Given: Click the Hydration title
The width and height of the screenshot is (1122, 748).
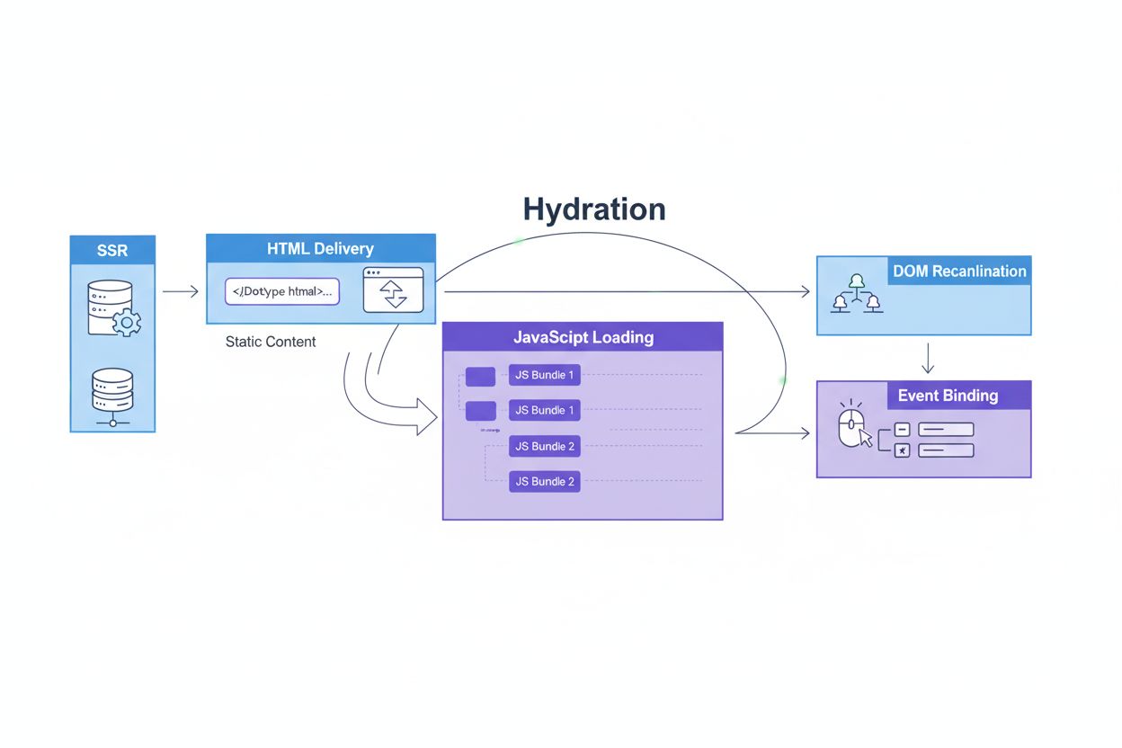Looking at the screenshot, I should coord(594,209).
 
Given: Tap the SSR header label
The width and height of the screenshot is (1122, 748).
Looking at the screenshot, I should coord(112,250).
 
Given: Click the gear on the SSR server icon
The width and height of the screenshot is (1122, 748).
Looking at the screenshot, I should coord(127,321).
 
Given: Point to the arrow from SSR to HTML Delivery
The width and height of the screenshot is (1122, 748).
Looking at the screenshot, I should coord(180,291).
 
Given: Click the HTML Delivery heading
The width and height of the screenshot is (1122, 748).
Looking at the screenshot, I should coord(320,248).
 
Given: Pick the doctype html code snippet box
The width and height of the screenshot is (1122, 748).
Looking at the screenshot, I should coord(281,291).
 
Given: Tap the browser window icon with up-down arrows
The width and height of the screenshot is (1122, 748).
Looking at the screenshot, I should coord(393,289).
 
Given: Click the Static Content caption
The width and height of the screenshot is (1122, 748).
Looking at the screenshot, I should coord(271,342).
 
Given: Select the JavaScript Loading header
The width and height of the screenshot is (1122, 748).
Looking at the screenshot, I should coord(583,337).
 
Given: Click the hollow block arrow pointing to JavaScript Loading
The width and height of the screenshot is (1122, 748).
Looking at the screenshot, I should coord(423,417).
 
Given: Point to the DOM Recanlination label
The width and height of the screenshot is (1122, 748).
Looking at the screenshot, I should coord(958,271).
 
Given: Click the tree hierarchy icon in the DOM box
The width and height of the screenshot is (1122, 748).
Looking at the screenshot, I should coord(856,293).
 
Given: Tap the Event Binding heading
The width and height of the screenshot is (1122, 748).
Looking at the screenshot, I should coord(948,396).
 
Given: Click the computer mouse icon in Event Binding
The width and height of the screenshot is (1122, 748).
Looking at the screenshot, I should coord(851,429).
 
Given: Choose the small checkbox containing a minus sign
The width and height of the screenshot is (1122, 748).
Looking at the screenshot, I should coord(903,430).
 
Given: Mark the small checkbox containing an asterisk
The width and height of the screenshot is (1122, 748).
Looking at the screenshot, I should coord(903,450).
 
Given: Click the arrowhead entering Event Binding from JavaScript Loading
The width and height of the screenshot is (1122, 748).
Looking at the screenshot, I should coord(805,433).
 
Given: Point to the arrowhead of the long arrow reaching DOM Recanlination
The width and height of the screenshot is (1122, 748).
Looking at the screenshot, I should coord(804,291).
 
